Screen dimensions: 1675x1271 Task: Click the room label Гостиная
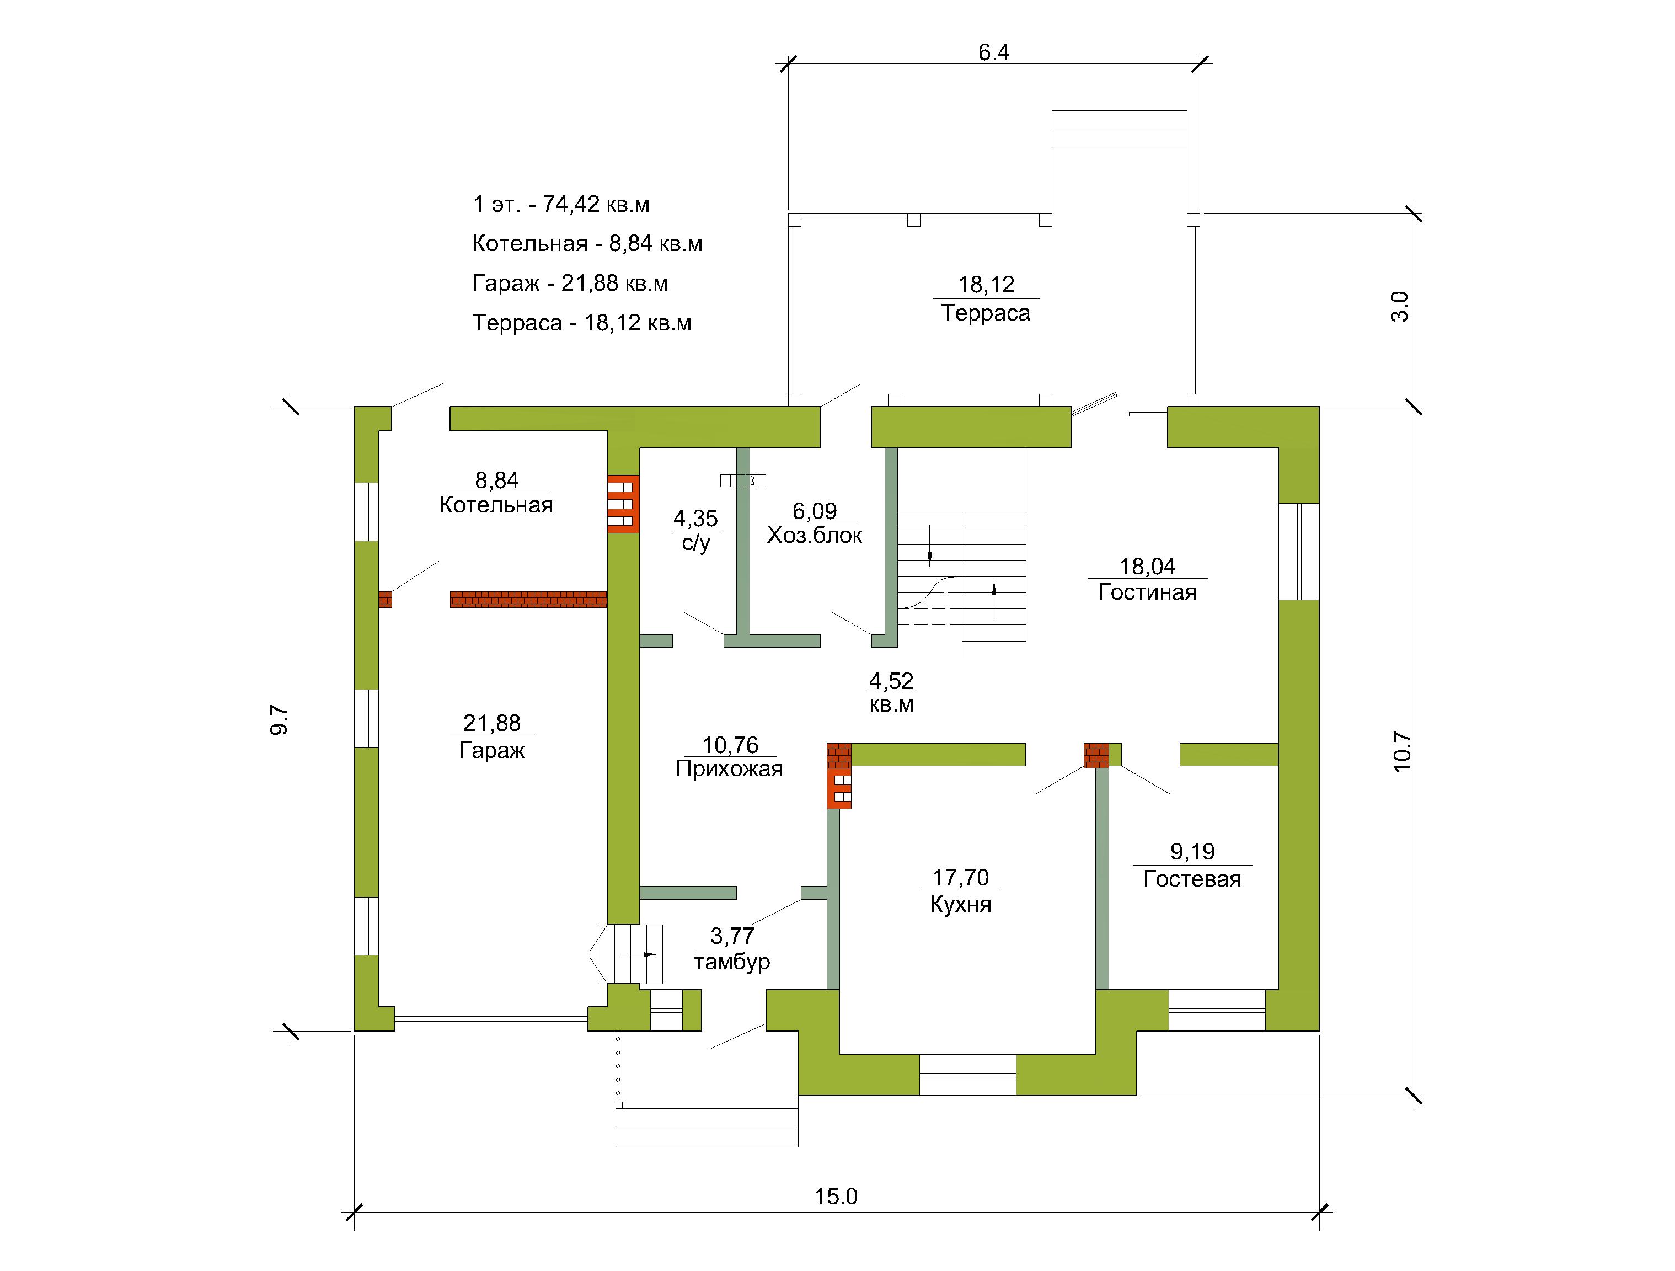tap(1147, 592)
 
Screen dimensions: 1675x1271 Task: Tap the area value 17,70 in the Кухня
tap(960, 877)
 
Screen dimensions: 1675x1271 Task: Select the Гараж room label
tap(491, 751)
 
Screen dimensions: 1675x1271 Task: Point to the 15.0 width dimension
tap(836, 1196)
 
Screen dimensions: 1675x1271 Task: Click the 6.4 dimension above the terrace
tap(993, 52)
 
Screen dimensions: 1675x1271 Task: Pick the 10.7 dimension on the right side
tap(1403, 751)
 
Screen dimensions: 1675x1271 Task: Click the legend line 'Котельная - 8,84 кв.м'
tap(587, 244)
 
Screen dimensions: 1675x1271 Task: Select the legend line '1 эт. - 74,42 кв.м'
tap(561, 205)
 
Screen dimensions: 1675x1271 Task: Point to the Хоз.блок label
tap(815, 536)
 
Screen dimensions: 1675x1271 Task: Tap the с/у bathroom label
tap(696, 543)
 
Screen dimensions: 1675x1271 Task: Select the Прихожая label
tap(729, 769)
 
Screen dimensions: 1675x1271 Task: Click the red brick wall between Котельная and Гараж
tap(528, 600)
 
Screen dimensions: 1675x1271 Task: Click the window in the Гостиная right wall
tap(1299, 552)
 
